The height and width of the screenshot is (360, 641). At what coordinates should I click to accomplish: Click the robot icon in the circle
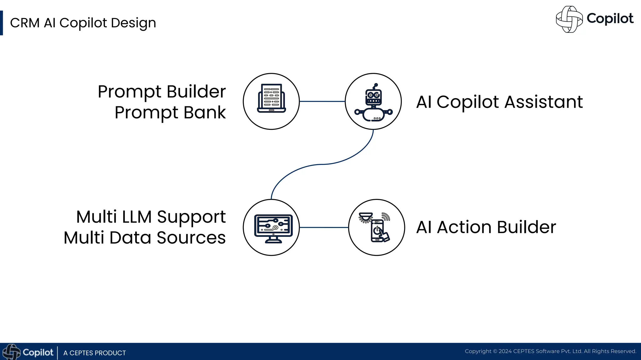373,102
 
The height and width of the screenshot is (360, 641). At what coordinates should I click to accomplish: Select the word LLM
137,217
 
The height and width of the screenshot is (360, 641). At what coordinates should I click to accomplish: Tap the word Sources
191,238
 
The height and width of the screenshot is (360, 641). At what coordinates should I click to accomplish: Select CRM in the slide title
25,23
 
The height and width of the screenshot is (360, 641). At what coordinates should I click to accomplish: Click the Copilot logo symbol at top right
569,19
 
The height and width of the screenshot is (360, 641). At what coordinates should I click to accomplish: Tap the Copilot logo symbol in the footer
12,352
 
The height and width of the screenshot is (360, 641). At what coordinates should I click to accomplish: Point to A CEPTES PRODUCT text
95,353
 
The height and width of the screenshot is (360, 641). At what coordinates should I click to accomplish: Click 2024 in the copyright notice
505,351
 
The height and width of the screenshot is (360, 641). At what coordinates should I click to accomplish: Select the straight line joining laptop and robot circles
322,101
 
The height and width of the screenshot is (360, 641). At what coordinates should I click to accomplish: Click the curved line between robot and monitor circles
322,164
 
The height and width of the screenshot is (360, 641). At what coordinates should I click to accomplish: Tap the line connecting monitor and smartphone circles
324,227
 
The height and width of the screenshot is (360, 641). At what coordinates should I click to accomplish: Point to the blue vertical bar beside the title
1,23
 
